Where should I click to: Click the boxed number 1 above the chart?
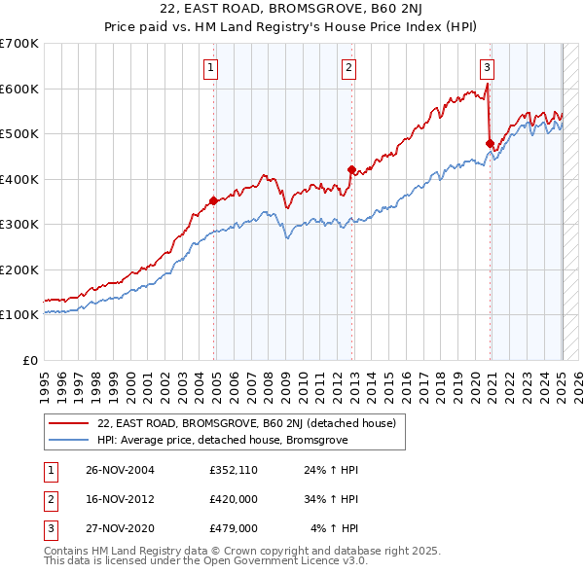click(211, 67)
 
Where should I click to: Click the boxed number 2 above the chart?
click(348, 67)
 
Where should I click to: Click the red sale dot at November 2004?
click(213, 201)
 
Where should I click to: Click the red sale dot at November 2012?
click(351, 169)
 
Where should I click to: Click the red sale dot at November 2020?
click(490, 143)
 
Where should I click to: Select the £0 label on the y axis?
click(29, 360)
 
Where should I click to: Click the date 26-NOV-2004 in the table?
click(120, 471)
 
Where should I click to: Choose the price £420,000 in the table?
click(233, 500)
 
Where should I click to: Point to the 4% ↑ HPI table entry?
click(335, 528)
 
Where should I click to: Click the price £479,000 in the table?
click(233, 528)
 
